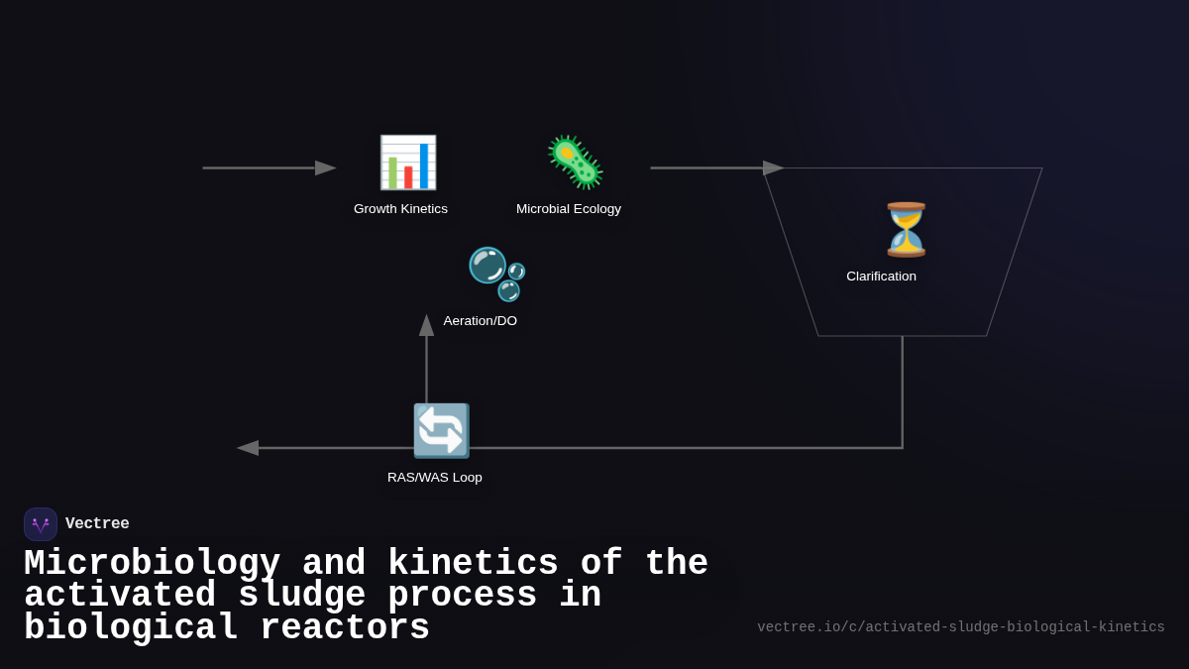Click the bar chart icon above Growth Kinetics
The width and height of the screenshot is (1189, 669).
pos(407,163)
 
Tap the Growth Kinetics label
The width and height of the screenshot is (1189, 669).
pos(400,209)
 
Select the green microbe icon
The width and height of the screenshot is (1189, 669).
pos(575,163)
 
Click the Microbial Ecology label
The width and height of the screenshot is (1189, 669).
pos(569,209)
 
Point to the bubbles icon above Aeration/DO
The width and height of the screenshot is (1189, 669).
pos(495,274)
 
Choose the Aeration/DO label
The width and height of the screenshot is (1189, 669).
pos(481,321)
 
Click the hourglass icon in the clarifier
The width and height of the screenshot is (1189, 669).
pos(906,229)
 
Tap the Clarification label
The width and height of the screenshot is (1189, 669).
pos(881,277)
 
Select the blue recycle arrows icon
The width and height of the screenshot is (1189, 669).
pos(441,430)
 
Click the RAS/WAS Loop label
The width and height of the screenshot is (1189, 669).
pos(435,478)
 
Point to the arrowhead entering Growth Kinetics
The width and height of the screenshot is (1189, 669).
pos(326,168)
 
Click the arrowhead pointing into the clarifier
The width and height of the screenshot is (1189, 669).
pos(774,168)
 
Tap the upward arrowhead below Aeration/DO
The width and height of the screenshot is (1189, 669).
pos(427,326)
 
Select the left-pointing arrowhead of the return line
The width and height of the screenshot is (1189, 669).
pos(248,448)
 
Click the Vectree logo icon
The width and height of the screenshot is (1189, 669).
pos(41,524)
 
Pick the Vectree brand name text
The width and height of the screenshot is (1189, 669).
pos(97,524)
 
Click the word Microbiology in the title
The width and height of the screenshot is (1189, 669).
pos(152,564)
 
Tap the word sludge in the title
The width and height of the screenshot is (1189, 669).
pos(302,596)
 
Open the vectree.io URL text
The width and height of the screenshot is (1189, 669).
pos(960,627)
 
